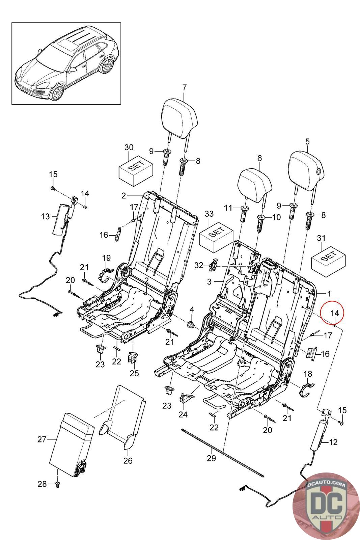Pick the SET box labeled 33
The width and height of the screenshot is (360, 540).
click(216, 238)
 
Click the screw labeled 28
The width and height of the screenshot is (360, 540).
click(58, 484)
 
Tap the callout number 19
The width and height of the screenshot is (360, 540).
click(106, 258)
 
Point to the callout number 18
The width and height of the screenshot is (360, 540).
click(308, 374)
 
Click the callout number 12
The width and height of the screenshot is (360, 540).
click(333, 442)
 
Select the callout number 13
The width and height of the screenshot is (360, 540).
click(45, 216)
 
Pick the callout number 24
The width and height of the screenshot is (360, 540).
click(183, 414)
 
